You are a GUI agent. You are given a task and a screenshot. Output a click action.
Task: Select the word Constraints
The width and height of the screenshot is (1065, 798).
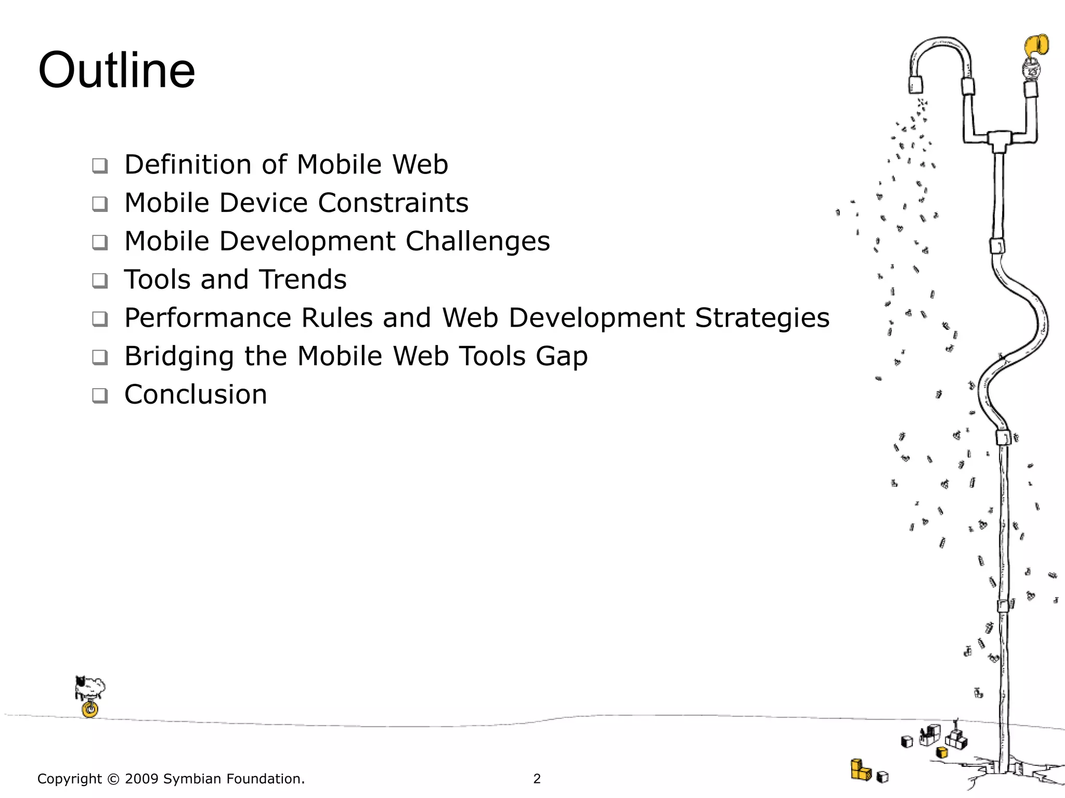click(393, 203)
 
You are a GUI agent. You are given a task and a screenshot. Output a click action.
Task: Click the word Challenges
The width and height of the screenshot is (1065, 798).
click(477, 242)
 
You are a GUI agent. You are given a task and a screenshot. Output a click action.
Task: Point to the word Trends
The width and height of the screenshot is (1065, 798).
click(303, 280)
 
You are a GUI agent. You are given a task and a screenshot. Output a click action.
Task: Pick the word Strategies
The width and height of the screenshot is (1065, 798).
click(762, 318)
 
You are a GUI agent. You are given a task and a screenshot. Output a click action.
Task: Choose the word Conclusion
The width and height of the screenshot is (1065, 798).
click(196, 394)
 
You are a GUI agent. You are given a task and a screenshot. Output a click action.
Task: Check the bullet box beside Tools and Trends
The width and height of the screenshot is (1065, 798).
click(100, 281)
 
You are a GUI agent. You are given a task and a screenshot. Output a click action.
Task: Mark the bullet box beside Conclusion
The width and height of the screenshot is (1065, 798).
click(100, 395)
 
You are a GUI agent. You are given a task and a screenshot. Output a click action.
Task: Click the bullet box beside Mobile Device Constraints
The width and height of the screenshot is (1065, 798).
click(100, 204)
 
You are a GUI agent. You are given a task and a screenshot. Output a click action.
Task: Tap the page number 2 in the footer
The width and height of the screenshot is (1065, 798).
click(537, 779)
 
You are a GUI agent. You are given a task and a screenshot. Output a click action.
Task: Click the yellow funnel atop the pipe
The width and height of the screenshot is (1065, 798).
click(1036, 47)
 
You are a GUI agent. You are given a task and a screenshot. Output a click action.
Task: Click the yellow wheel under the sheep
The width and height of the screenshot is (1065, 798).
click(90, 709)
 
